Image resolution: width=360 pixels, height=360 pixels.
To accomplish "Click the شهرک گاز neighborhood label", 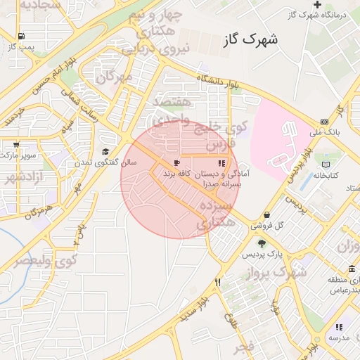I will [250, 40].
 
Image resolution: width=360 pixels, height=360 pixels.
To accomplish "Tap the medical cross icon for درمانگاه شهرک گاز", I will [318, 4].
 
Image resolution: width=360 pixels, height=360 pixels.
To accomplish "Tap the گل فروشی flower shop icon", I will [267, 216].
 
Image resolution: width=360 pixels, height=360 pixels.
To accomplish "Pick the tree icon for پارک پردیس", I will [262, 243].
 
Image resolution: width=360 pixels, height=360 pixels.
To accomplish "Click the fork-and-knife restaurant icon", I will [218, 282].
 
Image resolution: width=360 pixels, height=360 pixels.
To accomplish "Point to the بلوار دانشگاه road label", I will [218, 82].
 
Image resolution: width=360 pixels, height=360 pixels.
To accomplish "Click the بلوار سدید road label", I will [195, 309].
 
